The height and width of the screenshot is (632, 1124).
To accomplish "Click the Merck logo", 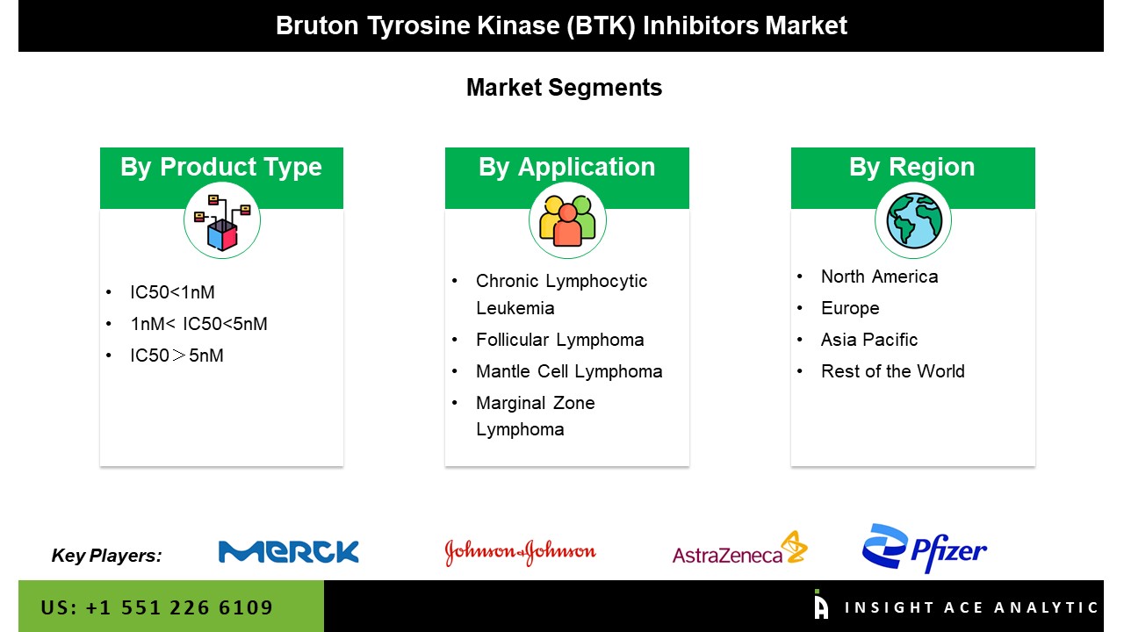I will (288, 551).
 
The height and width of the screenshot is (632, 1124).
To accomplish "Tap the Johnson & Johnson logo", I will (520, 551).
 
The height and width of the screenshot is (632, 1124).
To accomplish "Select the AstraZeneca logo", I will (739, 549).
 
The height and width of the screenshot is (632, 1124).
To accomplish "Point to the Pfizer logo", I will (925, 549).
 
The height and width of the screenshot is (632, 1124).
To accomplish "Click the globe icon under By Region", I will (913, 220).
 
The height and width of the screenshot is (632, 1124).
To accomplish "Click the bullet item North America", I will (879, 276).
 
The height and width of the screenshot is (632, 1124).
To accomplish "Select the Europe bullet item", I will (850, 308).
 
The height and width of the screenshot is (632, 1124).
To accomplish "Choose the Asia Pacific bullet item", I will (869, 340).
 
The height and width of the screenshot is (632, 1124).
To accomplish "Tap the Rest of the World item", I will (892, 371).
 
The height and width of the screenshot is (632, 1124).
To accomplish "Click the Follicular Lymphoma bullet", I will (559, 340).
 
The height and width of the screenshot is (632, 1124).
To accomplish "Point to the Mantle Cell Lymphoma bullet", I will (569, 371).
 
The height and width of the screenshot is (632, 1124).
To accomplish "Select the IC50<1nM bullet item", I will (172, 292).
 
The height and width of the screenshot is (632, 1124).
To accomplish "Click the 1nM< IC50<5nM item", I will (198, 324).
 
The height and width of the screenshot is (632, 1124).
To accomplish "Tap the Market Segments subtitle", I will (564, 88).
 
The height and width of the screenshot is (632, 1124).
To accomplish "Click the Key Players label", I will (106, 555).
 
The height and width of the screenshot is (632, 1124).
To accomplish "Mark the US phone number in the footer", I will (157, 607).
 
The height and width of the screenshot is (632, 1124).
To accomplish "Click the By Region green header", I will (912, 168).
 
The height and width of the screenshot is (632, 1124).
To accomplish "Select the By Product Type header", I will (221, 168).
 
